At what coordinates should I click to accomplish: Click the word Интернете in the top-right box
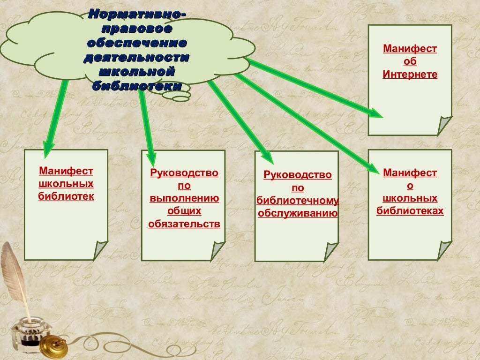(410, 74)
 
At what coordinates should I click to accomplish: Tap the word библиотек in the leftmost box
(66, 196)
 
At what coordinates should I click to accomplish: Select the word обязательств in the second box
(184, 224)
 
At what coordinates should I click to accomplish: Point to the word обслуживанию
(298, 214)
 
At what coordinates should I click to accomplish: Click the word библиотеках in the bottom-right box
(410, 211)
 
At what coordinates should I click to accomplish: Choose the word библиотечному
(298, 201)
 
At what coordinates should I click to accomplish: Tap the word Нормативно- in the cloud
(137, 15)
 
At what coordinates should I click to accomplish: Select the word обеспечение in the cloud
(137, 44)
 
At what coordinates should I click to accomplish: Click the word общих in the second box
(184, 211)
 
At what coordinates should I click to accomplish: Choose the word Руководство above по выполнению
(184, 173)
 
